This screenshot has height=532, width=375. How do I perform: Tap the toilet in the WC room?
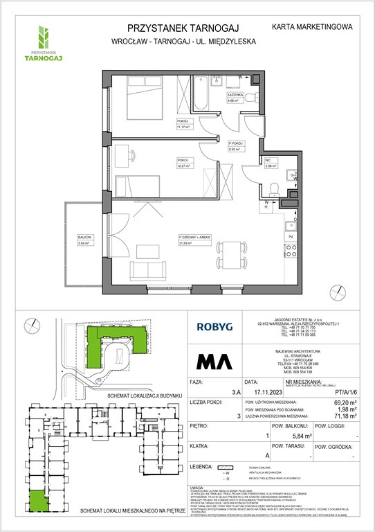pos(275,187)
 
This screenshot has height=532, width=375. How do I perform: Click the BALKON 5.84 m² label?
pos(86,241)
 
